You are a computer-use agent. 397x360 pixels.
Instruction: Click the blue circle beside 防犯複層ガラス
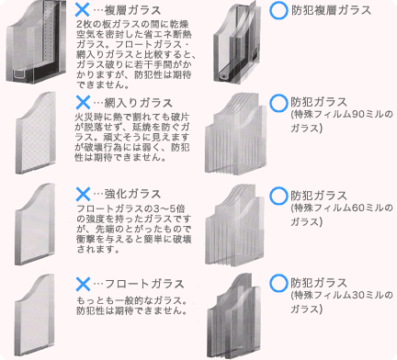(278, 11)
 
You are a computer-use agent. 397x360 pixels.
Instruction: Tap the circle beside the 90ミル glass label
(278, 102)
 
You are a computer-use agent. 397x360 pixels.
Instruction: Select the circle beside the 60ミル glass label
(278, 194)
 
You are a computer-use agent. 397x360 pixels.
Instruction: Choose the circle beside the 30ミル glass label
(278, 284)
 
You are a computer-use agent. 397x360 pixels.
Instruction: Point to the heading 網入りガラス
(134, 102)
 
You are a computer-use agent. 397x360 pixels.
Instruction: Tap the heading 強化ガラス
(130, 194)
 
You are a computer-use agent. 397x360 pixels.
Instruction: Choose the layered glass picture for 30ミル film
(237, 312)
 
